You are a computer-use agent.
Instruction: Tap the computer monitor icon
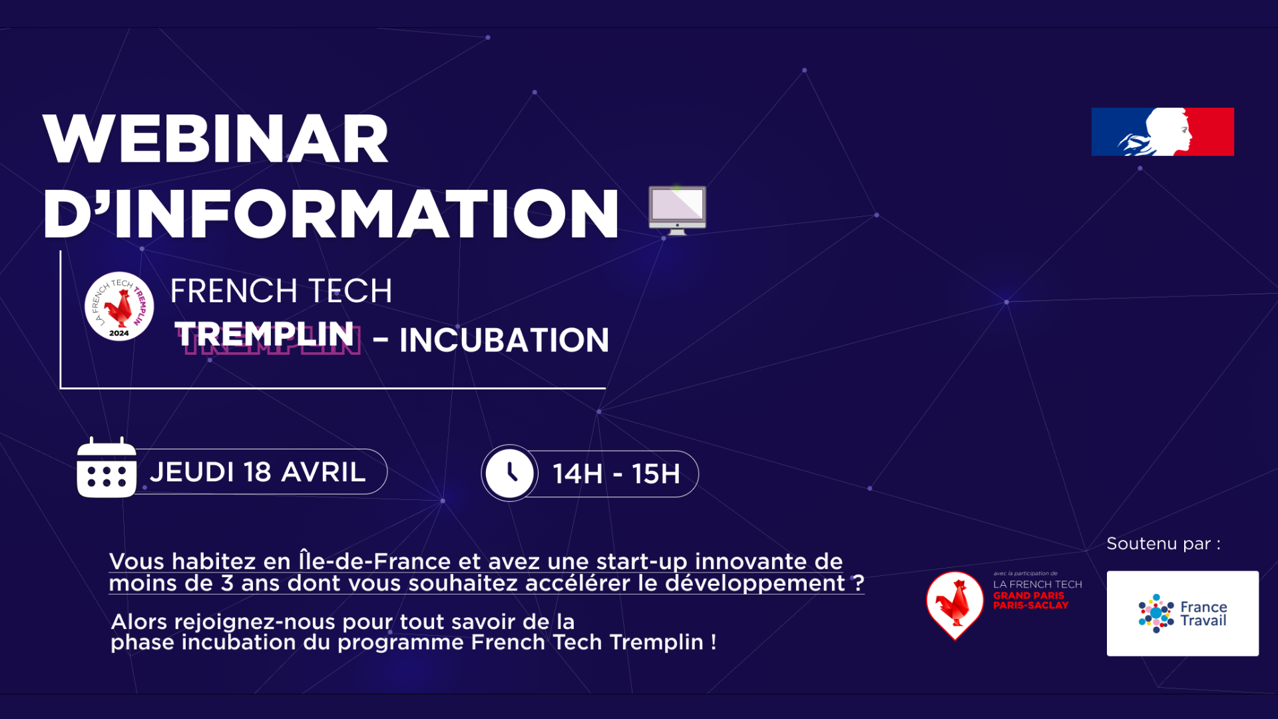[677, 210]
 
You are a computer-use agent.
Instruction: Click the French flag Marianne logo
[1162, 132]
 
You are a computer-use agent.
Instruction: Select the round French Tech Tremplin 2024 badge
[119, 306]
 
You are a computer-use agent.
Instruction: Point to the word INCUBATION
[504, 340]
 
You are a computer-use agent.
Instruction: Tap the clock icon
[509, 473]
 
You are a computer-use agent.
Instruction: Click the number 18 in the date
[258, 472]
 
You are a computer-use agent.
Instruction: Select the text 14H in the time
[577, 474]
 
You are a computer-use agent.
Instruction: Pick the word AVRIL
[323, 472]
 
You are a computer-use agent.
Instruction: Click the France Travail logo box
[1182, 613]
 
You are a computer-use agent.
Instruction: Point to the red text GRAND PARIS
[1028, 595]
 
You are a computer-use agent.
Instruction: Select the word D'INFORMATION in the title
[331, 214]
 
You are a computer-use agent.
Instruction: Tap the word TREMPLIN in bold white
[264, 334]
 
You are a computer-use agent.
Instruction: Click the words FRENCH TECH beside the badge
[281, 291]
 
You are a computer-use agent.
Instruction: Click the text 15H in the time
[656, 474]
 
